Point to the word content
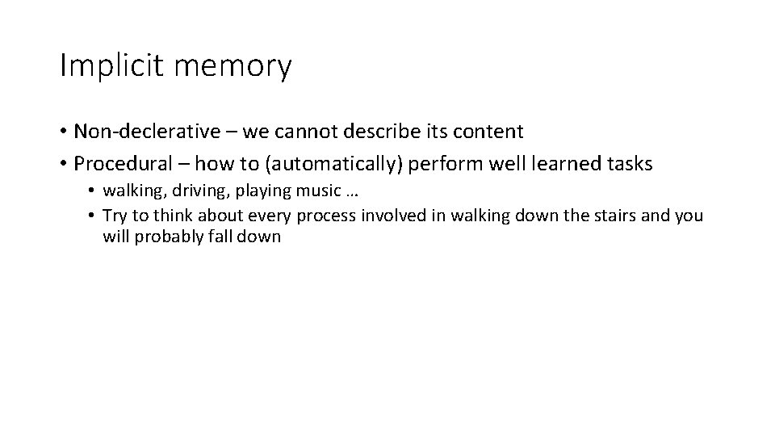[x=487, y=131]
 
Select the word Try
[x=114, y=216]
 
